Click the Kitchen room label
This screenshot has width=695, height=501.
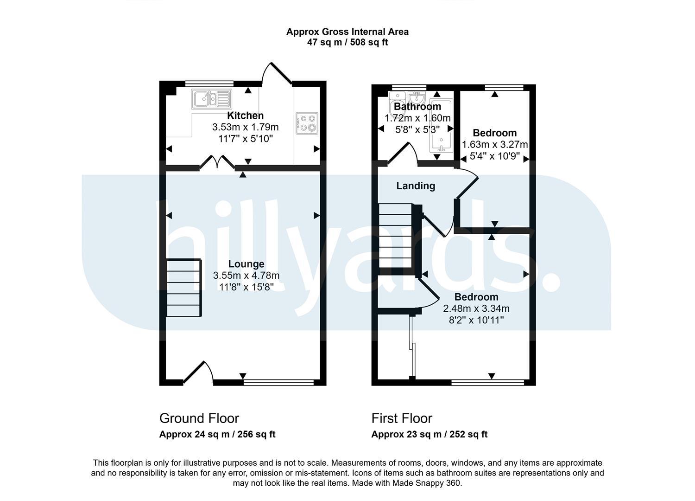245,116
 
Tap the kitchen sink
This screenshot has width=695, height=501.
212,99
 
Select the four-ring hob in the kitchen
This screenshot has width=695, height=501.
307,123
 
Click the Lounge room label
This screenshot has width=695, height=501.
246,263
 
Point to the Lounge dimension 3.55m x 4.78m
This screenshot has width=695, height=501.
246,275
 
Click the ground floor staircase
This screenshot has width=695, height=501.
184,288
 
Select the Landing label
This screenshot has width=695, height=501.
416,186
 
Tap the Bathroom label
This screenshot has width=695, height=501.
417,107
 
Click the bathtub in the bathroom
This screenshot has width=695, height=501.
441,126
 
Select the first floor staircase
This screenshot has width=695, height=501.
396,236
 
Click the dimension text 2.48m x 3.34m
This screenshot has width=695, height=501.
476,308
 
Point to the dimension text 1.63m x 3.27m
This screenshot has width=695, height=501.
495,144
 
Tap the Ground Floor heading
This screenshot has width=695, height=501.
199,418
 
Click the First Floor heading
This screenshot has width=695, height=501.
402,418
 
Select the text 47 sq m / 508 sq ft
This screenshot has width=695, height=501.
347,42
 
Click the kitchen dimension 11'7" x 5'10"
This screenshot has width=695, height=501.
246,139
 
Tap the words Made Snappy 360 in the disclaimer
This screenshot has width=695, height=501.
426,483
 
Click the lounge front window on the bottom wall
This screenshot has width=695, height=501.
278,382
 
